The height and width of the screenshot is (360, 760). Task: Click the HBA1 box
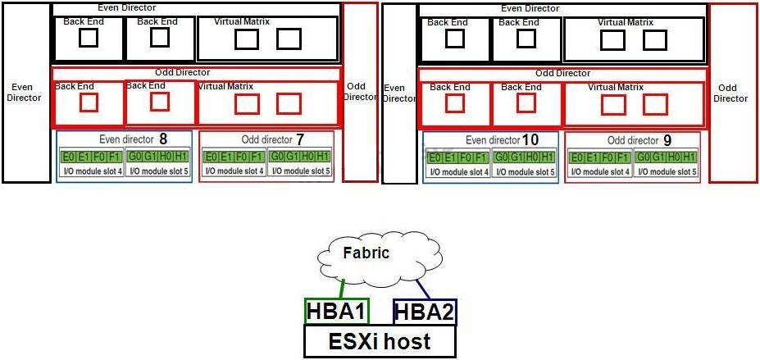pyautogui.click(x=337, y=311)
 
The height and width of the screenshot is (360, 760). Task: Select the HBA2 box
pyautogui.click(x=425, y=312)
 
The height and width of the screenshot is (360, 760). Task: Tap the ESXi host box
pyautogui.click(x=380, y=340)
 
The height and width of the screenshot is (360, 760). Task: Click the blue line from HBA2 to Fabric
pyautogui.click(x=421, y=289)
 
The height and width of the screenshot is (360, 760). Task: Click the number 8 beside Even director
pyautogui.click(x=163, y=139)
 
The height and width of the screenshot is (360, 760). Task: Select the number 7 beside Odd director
pyautogui.click(x=300, y=139)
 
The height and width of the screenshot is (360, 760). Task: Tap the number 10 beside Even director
pyautogui.click(x=530, y=139)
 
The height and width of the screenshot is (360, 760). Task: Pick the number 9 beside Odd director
pyautogui.click(x=667, y=140)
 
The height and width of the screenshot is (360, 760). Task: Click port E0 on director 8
pyautogui.click(x=67, y=157)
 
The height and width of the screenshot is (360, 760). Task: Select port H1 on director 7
pyautogui.click(x=322, y=157)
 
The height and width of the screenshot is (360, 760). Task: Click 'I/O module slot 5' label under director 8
pyautogui.click(x=157, y=171)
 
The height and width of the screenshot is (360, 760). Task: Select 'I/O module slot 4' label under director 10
pyautogui.click(x=458, y=171)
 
